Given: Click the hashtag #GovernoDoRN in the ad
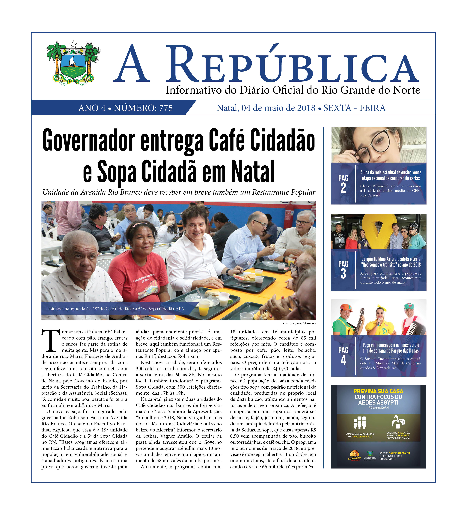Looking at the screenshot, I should click(378, 408).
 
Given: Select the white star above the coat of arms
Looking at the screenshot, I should click(73, 44).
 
